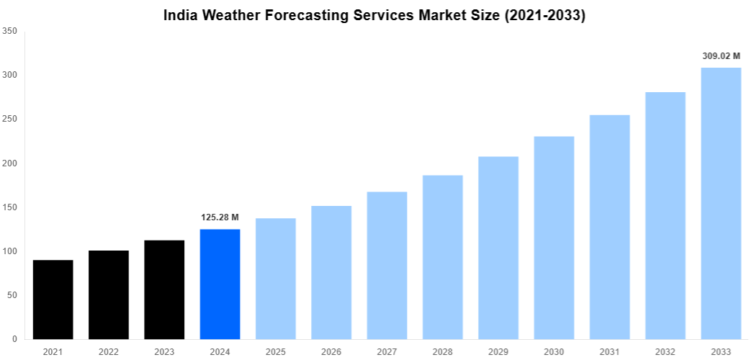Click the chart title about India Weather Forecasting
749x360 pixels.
[x=374, y=15]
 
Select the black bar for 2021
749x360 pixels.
[x=53, y=300]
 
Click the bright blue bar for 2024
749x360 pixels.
[x=220, y=284]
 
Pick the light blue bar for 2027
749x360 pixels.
[x=387, y=266]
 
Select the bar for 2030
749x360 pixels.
[x=554, y=238]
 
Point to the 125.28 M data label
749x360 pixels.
[x=220, y=217]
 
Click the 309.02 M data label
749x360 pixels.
[x=721, y=55]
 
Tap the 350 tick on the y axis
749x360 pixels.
[x=10, y=31]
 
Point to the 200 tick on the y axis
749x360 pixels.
[x=10, y=163]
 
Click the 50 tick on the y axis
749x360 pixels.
[x=12, y=295]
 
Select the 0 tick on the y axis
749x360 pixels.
[x=14, y=339]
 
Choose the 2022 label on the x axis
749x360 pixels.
[x=109, y=351]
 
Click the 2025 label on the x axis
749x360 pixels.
[x=276, y=351]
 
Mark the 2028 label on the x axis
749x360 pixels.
[x=442, y=351]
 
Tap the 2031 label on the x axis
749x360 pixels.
[x=609, y=351]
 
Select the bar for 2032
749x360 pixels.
[x=665, y=216]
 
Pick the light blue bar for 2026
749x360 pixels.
[x=331, y=273]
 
